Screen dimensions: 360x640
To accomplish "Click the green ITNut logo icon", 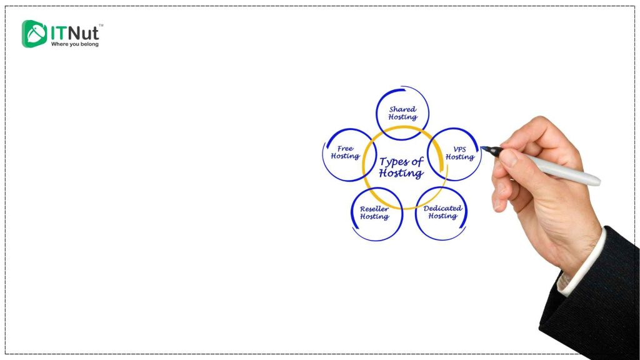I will [x=34, y=34].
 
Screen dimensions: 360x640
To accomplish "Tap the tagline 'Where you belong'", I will [x=74, y=44].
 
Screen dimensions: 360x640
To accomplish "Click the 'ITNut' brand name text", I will [x=74, y=31].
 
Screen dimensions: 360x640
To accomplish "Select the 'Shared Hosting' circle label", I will [x=402, y=113].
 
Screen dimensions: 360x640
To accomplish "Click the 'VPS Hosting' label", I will [x=459, y=153].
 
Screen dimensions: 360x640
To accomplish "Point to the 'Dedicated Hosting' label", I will [x=442, y=212].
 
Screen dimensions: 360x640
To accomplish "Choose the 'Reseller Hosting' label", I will [x=374, y=212].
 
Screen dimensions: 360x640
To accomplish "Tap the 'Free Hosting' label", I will [x=345, y=152].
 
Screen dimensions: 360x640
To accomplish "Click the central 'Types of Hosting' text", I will [x=401, y=167].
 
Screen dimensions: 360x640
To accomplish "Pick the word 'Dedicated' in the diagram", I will [x=442, y=208].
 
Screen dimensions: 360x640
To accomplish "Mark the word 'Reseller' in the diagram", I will [x=374, y=209].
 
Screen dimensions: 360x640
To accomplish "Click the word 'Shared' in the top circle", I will [x=402, y=109].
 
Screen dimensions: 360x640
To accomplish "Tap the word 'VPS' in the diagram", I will [x=459, y=149].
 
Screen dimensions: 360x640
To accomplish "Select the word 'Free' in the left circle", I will [x=345, y=149].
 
